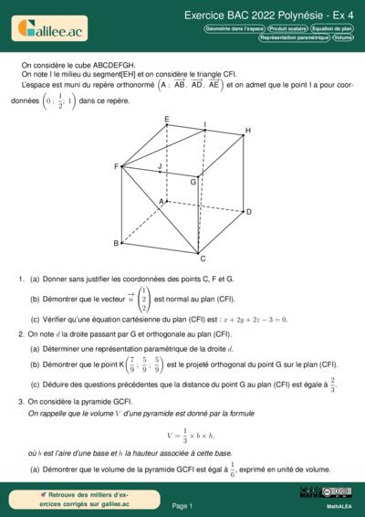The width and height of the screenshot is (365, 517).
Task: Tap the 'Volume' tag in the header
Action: click(x=344, y=38)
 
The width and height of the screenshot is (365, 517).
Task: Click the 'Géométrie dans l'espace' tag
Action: click(x=235, y=29)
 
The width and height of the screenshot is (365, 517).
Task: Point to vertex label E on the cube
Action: click(x=166, y=120)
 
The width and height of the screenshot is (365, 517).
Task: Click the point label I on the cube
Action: click(x=204, y=123)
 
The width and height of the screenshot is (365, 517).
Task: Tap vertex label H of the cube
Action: click(x=247, y=132)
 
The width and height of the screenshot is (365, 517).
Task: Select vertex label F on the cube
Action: click(x=116, y=167)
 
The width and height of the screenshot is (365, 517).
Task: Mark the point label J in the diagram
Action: click(x=160, y=167)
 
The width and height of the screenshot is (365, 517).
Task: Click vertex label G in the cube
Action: click(x=193, y=182)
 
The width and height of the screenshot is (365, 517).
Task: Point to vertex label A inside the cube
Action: click(x=162, y=201)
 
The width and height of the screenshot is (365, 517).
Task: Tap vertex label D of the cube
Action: click(x=247, y=212)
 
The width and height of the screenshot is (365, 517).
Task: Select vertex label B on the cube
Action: click(x=116, y=244)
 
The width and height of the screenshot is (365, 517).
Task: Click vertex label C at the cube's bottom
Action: click(x=203, y=260)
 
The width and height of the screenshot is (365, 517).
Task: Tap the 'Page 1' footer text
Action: click(x=182, y=505)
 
